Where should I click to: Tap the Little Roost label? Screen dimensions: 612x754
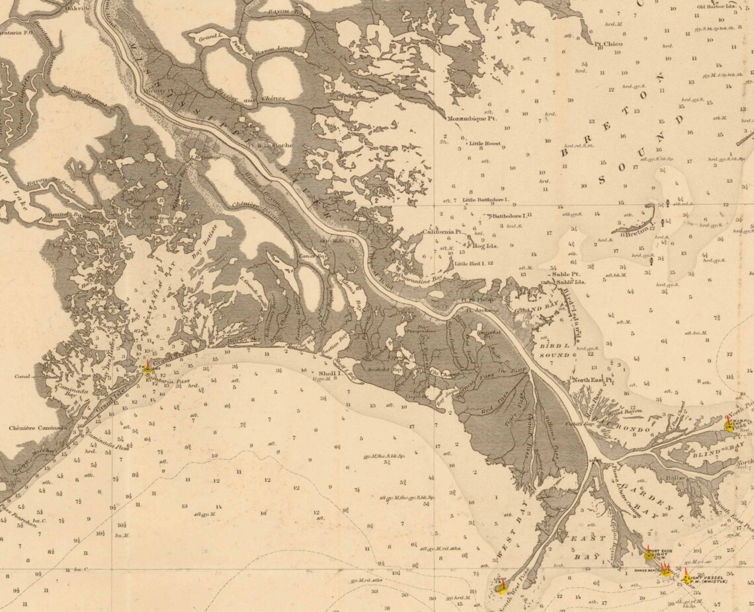coord(484,143)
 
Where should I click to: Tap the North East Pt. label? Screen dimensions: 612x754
coord(593,380)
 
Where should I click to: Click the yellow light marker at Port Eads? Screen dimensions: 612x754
coord(649,555)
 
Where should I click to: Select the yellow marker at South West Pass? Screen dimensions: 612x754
coord(503,587)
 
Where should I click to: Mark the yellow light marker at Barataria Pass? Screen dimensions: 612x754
coord(148,369)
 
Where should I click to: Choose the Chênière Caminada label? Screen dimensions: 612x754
coord(38,428)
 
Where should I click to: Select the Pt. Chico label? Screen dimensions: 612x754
coord(608,44)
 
